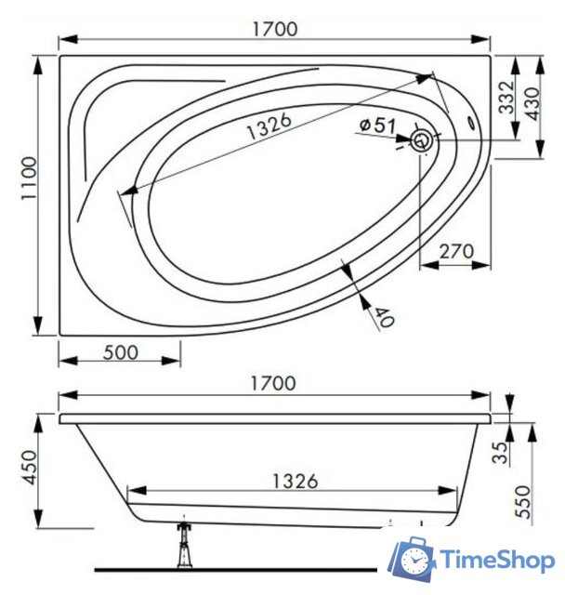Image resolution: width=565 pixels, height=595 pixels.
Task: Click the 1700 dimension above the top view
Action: click(x=275, y=29)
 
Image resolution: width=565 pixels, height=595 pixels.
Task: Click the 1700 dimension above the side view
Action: click(x=273, y=383)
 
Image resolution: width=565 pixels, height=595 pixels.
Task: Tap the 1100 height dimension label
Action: click(x=29, y=178)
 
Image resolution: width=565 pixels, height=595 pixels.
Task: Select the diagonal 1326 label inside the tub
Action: click(x=269, y=126)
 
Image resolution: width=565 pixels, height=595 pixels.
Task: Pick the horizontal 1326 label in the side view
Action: click(x=295, y=482)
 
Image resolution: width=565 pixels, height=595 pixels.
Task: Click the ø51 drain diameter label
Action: click(x=377, y=125)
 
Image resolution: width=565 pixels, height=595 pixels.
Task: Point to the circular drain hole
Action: click(x=421, y=140)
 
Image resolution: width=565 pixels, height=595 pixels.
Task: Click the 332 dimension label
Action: click(x=506, y=98)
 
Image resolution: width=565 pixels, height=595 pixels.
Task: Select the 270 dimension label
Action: click(x=456, y=251)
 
